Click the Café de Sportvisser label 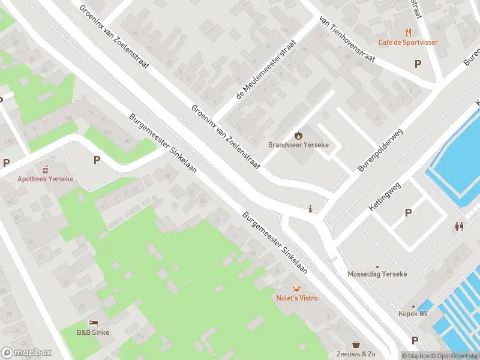(407, 43)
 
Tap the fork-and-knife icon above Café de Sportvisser (408, 32)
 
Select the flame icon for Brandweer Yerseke (298, 136)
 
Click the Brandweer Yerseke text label (298, 145)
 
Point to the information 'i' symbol (310, 209)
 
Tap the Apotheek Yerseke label (43, 178)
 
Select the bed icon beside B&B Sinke (93, 323)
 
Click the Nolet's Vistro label (296, 298)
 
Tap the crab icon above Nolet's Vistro (296, 288)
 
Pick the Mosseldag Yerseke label (377, 274)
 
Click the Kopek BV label (413, 314)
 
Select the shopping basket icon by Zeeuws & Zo (357, 344)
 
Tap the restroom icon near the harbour (460, 226)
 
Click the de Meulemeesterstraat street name (267, 70)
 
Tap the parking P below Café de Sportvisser (418, 63)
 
